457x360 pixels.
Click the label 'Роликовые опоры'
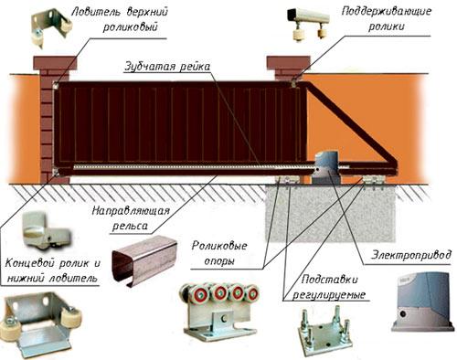(223, 252)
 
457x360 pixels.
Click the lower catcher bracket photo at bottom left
(37, 323)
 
